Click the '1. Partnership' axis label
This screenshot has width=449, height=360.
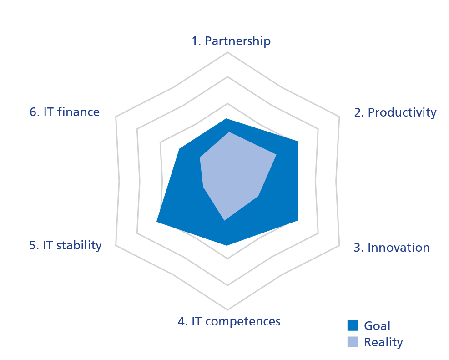pyautogui.click(x=231, y=41)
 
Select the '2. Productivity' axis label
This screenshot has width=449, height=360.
pyautogui.click(x=395, y=112)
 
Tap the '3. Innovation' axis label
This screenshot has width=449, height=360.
pyautogui.click(x=392, y=248)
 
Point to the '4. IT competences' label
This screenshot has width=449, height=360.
pyautogui.click(x=229, y=321)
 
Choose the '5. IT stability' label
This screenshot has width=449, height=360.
pyautogui.click(x=66, y=245)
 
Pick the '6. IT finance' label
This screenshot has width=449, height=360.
pyautogui.click(x=65, y=112)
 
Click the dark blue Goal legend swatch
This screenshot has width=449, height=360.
pyautogui.click(x=353, y=325)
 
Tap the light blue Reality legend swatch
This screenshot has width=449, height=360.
pyautogui.click(x=353, y=342)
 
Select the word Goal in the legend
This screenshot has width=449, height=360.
pyautogui.click(x=377, y=325)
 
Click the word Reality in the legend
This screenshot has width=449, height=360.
pyautogui.click(x=383, y=342)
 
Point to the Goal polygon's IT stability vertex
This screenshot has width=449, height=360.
pyautogui.click(x=156, y=222)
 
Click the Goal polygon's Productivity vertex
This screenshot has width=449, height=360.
pyautogui.click(x=298, y=141)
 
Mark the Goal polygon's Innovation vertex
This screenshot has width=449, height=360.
pyautogui.click(x=298, y=221)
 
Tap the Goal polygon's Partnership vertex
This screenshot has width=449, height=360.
pyautogui.click(x=227, y=118)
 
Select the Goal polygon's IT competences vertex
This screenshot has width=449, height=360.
pyautogui.click(x=227, y=245)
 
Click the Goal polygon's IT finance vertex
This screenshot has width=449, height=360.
pyautogui.click(x=180, y=149)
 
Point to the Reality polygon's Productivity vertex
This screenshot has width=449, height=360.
pyautogui.click(x=276, y=155)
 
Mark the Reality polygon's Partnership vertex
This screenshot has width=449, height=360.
pyautogui.click(x=229, y=132)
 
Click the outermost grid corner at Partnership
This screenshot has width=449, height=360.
pyautogui.click(x=227, y=52)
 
